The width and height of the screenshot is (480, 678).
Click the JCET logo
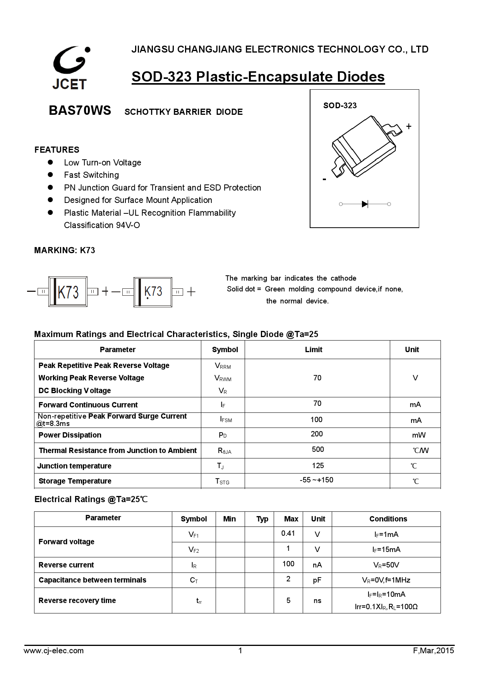tap(71, 68)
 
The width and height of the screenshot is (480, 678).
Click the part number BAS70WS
tap(80, 111)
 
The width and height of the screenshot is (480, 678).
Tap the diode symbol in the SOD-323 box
tap(365, 204)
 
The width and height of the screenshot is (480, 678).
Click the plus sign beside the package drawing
tap(408, 126)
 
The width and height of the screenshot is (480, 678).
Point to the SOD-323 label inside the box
tap(340, 106)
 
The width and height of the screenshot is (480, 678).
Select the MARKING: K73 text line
tap(65, 250)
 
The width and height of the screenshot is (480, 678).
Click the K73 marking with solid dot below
tap(153, 292)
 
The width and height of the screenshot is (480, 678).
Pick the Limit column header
tap(313, 349)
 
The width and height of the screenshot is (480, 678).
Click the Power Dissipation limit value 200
tap(316, 434)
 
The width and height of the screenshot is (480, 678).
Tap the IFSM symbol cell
tap(226, 419)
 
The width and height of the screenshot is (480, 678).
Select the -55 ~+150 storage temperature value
tap(316, 480)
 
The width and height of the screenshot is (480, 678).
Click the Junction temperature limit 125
tap(317, 465)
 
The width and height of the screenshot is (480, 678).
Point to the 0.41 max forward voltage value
tap(288, 533)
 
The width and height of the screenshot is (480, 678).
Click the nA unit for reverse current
tap(317, 565)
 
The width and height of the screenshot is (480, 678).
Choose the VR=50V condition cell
tap(386, 565)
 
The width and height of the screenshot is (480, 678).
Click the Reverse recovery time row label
tap(77, 600)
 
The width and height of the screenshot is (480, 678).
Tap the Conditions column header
tap(388, 519)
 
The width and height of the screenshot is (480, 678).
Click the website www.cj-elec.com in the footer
tap(54, 651)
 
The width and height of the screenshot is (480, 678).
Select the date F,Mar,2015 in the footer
tap(433, 651)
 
